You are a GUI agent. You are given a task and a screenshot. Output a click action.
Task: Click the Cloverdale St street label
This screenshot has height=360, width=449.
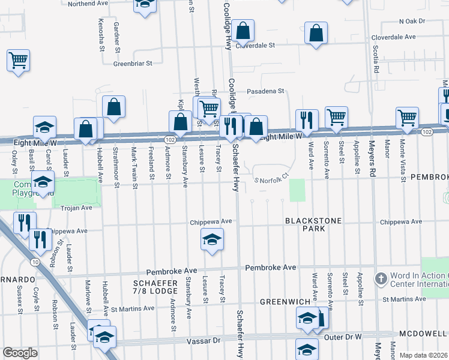255,45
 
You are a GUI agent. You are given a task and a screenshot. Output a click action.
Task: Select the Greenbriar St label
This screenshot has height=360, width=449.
133,62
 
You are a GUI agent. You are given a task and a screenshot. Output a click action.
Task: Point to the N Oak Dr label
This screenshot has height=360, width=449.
411,21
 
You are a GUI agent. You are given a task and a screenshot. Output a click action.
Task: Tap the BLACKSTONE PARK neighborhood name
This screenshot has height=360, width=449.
313,224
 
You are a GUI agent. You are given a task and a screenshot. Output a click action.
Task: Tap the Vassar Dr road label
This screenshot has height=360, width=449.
206,340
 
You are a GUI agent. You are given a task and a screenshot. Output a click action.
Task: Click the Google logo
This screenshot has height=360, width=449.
20,352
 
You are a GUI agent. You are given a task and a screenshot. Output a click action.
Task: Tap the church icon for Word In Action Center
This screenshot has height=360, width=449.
380,279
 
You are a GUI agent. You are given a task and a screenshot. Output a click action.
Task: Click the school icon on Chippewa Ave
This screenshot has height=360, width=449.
211,240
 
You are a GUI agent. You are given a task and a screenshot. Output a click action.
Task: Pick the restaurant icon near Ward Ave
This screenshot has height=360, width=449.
306,120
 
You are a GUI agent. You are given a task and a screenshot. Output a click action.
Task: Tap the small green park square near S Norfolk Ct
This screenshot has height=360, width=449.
297,190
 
